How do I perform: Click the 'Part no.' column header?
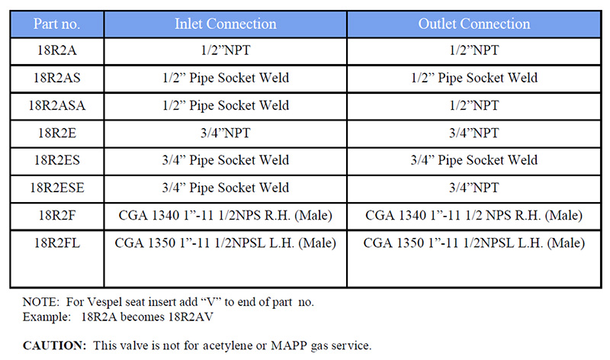[56, 24]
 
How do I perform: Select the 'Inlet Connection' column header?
[226, 24]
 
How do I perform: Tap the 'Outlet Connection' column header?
[474, 24]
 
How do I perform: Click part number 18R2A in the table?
[56, 50]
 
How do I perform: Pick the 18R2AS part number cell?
[56, 78]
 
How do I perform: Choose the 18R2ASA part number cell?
[56, 105]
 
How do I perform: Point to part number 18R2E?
[56, 133]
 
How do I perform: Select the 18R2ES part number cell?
[56, 160]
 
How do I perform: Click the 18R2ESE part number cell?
[56, 188]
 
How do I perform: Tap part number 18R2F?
[56, 215]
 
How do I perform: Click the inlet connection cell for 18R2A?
[226, 50]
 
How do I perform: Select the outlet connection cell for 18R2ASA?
[474, 105]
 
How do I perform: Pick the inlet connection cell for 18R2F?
[226, 215]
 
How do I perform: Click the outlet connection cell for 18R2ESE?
[474, 188]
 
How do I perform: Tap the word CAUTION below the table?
[54, 346]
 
